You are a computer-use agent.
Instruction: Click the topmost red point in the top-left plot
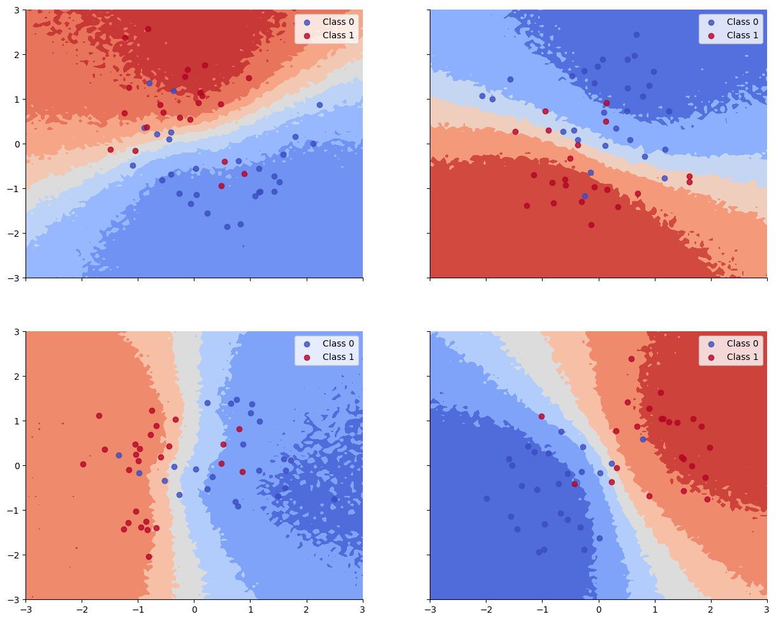coord(148,29)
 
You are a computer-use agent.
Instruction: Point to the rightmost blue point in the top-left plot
coord(319,105)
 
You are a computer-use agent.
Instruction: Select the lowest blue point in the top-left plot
coord(227,227)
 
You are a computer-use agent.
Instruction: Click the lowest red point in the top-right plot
coord(591,225)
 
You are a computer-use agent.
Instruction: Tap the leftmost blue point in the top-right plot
coord(482,96)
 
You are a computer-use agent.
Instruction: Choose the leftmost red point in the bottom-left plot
coord(83,464)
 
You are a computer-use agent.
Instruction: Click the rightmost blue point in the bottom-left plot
coord(334,499)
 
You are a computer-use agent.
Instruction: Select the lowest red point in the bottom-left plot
coord(149,557)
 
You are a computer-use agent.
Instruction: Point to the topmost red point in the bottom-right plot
coord(631,359)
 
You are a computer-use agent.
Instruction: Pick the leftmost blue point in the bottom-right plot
coord(487,498)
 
